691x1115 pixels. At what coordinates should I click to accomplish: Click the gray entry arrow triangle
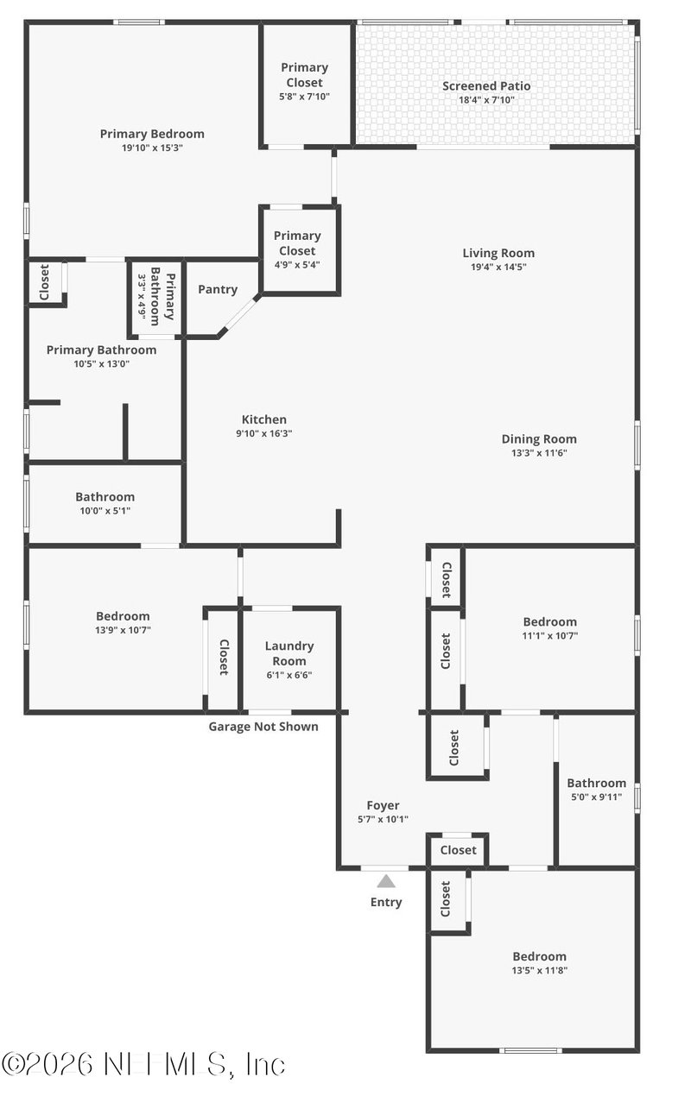click(386, 881)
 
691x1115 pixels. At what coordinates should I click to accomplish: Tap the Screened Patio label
click(486, 85)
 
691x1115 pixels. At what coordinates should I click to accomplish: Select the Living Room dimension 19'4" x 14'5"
click(498, 268)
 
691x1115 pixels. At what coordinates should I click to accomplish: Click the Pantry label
click(218, 289)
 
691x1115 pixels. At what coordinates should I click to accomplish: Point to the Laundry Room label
click(289, 653)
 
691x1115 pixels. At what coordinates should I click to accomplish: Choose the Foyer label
click(383, 805)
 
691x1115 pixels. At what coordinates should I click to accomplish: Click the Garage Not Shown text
click(263, 727)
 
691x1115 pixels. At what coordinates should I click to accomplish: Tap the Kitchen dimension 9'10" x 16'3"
click(264, 434)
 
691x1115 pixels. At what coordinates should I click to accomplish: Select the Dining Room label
click(539, 438)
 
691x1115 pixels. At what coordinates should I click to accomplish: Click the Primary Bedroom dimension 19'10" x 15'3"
click(152, 148)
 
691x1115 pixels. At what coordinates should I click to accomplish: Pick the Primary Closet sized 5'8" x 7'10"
click(305, 81)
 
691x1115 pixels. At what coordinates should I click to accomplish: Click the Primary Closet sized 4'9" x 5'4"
click(297, 249)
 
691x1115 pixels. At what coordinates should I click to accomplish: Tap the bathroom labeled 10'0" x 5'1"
click(105, 503)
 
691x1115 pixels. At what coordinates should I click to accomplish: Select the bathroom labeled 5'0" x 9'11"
click(596, 790)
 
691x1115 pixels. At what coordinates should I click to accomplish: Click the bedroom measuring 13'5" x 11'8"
click(540, 962)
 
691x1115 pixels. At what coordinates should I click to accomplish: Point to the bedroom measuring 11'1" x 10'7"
click(550, 628)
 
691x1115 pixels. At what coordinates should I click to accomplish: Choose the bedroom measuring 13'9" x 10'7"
click(123, 623)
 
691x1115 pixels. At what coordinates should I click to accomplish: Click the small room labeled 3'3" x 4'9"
click(156, 299)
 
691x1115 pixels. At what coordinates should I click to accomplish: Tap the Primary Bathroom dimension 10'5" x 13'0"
click(101, 364)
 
